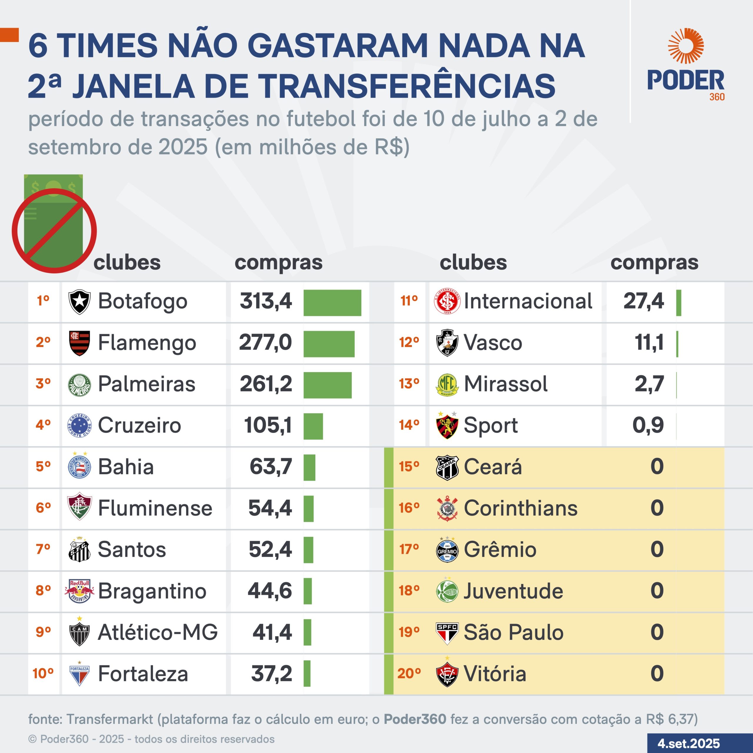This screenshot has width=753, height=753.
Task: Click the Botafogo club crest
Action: [x=79, y=302]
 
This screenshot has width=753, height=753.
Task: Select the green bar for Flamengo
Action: [x=329, y=344]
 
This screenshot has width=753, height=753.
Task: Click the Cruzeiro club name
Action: [x=139, y=425]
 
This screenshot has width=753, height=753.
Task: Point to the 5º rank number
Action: [x=43, y=466]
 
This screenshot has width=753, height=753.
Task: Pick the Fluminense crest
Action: [x=79, y=507]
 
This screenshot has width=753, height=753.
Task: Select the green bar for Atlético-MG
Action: [x=307, y=632]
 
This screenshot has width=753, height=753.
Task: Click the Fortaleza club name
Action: [x=143, y=674]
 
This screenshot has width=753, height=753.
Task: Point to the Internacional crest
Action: [x=447, y=301]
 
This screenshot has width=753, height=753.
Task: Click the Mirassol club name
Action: [x=506, y=384]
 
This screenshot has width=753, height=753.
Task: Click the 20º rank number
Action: [x=409, y=674]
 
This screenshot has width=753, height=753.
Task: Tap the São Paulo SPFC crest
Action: [x=447, y=632]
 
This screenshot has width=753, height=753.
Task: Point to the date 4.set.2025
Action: [x=689, y=743]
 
